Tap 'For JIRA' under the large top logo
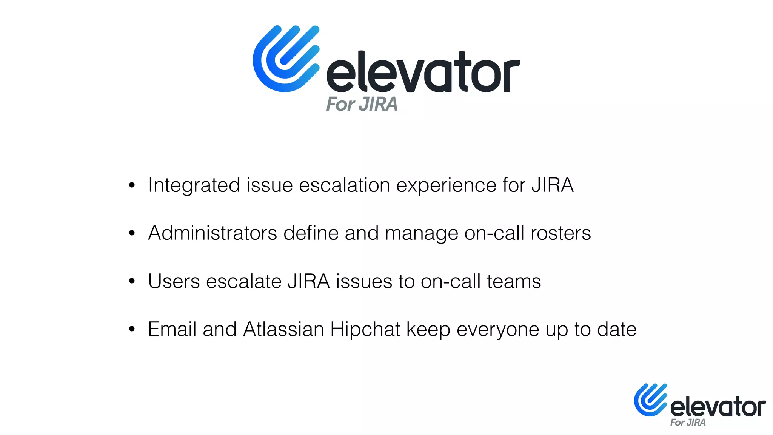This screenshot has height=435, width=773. coord(362,104)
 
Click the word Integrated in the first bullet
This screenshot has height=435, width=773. coord(194,185)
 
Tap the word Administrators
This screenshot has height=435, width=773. coord(212,233)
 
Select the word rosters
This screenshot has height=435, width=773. coord(561,233)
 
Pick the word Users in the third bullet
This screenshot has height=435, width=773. coord(174,281)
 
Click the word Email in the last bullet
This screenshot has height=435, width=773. coord(172,329)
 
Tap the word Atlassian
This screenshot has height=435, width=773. coord(283,329)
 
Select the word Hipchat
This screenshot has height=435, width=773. coord(365,330)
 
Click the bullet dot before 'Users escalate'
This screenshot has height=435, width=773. coord(132,281)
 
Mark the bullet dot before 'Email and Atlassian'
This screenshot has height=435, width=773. coord(132,329)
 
